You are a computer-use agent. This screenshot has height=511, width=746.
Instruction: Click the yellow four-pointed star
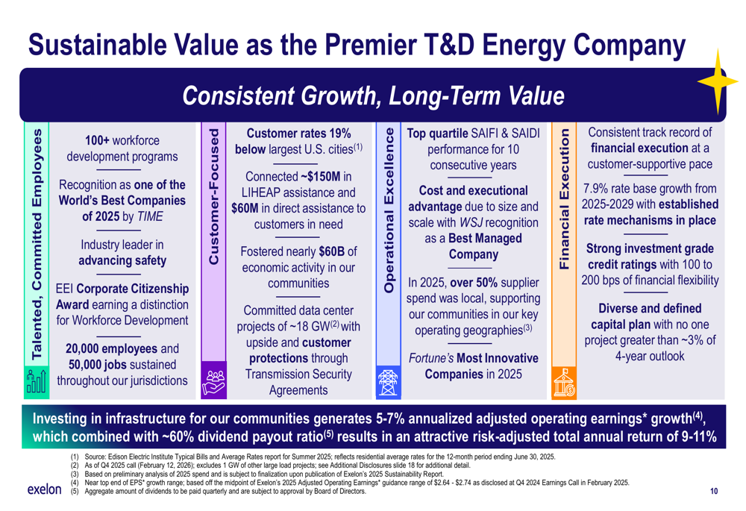pyautogui.click(x=718, y=81)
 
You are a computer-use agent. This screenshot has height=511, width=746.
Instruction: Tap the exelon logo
pyautogui.click(x=44, y=489)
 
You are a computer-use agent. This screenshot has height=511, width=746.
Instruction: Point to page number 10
pyautogui.click(x=714, y=491)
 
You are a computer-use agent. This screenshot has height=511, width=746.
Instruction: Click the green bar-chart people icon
pyautogui.click(x=36, y=381)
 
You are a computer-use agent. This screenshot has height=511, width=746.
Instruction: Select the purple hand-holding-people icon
pyautogui.click(x=213, y=383)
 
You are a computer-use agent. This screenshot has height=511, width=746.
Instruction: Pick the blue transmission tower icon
pyautogui.click(x=388, y=383)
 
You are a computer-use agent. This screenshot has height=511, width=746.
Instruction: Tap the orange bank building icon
pyautogui.click(x=564, y=383)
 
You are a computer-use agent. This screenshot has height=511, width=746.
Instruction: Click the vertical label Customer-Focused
pyautogui.click(x=213, y=196)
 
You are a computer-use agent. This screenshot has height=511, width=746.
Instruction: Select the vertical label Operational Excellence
pyautogui.click(x=389, y=210)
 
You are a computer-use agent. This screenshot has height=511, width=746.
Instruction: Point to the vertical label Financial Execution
pyautogui.click(x=564, y=199)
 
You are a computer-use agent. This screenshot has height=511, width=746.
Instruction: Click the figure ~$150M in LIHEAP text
pyautogui.click(x=321, y=177)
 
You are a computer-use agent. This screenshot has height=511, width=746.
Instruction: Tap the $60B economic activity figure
pyautogui.click(x=331, y=251)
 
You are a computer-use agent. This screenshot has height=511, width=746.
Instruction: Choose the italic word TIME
pyautogui.click(x=151, y=216)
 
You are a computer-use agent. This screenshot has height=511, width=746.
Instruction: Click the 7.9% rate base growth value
pyautogui.click(x=595, y=189)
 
